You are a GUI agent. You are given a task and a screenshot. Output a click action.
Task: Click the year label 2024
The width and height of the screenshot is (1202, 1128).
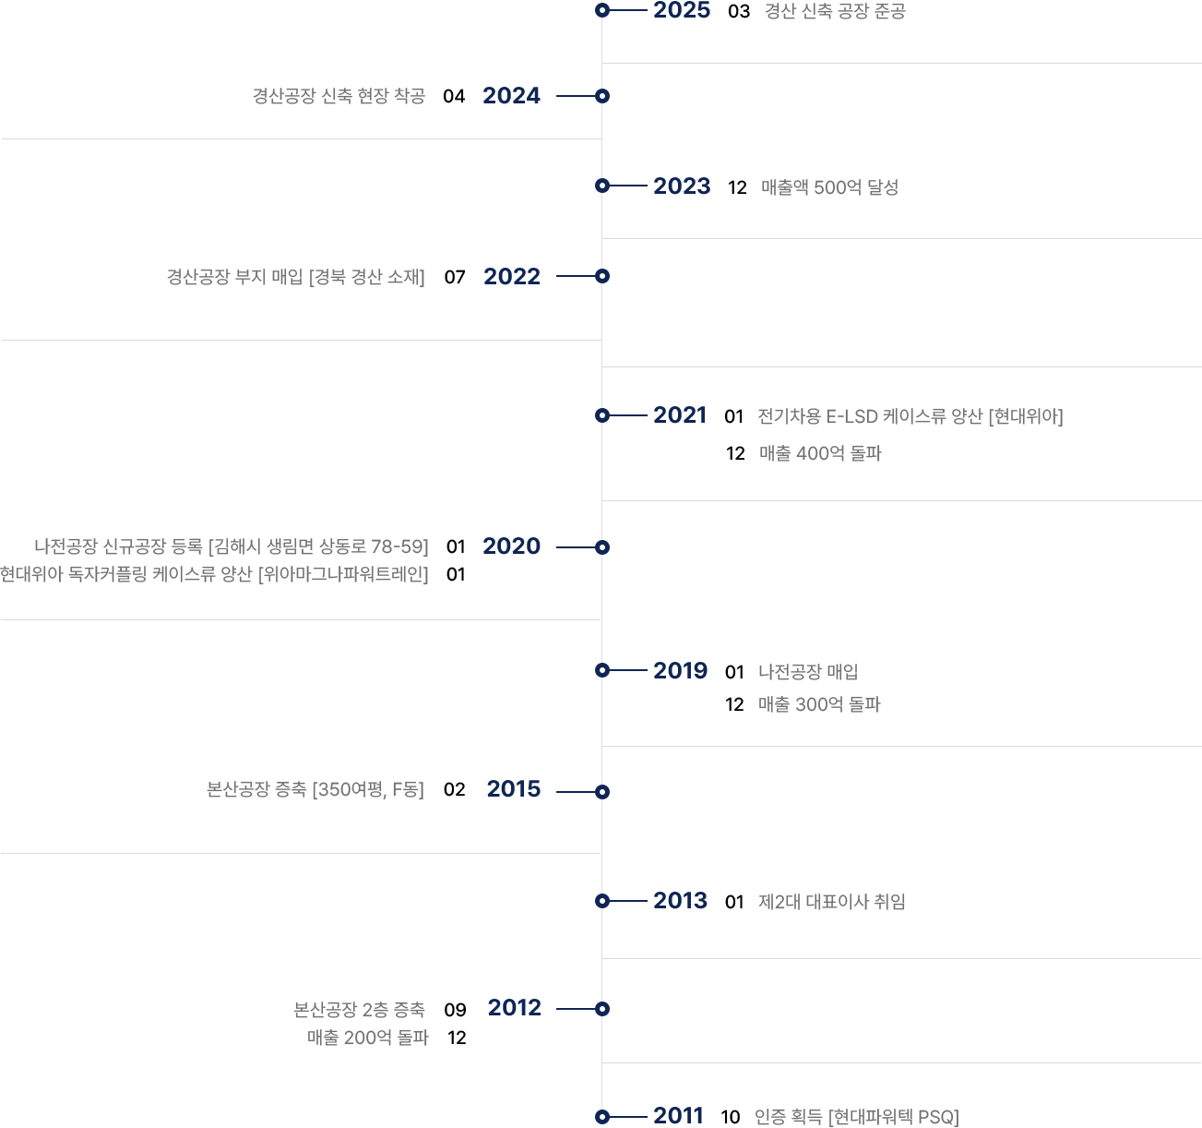[511, 96]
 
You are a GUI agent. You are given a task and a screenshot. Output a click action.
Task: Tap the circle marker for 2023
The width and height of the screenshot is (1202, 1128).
[601, 186]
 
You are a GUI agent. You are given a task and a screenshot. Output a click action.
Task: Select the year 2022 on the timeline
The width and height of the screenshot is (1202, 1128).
[511, 276]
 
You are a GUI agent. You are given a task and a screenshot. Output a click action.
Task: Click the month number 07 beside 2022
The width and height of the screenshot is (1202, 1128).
[455, 278]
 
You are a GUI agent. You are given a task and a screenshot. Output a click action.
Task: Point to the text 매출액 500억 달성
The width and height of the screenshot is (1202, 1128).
[829, 187]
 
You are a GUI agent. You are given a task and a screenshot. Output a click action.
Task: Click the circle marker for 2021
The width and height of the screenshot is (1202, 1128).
[601, 415]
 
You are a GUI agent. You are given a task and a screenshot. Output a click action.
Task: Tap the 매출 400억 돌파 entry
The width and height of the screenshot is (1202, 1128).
[820, 453]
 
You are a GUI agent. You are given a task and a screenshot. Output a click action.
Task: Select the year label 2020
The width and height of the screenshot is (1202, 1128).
[511, 546]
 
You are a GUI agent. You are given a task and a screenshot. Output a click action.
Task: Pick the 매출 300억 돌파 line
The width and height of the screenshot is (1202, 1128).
[819, 704]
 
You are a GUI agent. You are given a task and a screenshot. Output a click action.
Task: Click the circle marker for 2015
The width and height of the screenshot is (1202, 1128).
[601, 792]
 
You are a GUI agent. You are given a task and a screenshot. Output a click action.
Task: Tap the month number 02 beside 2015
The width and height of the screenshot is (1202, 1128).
[454, 789]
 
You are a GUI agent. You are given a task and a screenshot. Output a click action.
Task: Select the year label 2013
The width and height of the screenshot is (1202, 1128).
[680, 900]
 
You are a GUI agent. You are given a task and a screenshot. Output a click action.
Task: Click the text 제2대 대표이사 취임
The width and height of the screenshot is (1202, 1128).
[831, 902]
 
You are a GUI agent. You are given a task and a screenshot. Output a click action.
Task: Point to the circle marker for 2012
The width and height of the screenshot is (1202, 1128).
[601, 1009]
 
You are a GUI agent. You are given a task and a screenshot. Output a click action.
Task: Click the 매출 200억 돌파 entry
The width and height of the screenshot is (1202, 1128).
[367, 1038]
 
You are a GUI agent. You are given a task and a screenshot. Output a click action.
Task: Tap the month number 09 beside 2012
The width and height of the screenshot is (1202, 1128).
[455, 1010]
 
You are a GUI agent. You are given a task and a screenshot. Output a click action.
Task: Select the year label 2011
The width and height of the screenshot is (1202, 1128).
[678, 1115]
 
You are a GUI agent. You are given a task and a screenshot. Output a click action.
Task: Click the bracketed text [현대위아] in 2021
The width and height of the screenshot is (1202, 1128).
[1025, 416]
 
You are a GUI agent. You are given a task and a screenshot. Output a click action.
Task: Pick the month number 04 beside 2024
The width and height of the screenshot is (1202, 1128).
[453, 96]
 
